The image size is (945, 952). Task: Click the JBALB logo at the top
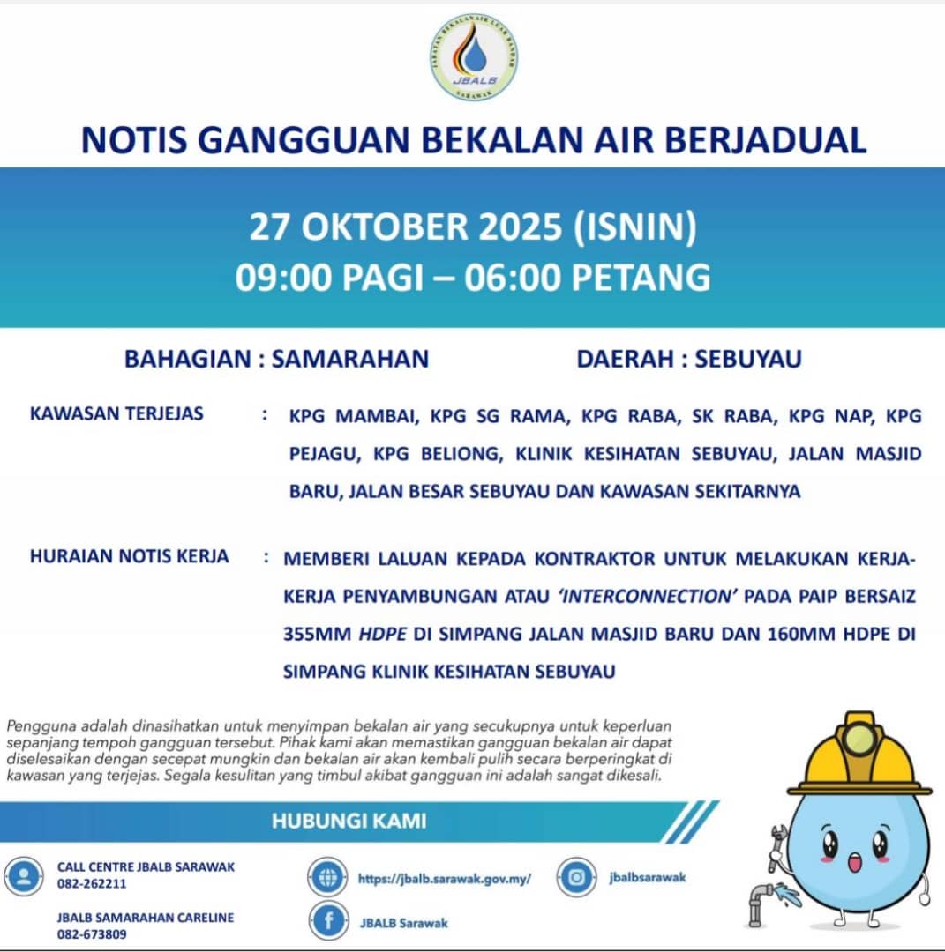click(474, 57)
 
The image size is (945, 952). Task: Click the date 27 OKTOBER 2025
click(407, 227)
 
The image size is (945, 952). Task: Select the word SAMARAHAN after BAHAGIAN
click(350, 359)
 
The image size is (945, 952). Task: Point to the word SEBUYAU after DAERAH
click(748, 359)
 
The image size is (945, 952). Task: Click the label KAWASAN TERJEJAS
click(116, 413)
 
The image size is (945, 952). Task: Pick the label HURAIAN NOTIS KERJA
click(129, 556)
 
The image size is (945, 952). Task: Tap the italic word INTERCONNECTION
click(647, 596)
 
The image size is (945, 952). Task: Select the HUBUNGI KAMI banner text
click(349, 822)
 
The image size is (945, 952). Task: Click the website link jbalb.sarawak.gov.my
click(445, 879)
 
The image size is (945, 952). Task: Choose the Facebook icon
click(329, 922)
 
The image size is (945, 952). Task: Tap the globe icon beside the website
click(328, 878)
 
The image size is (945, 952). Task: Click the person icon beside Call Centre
click(23, 876)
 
